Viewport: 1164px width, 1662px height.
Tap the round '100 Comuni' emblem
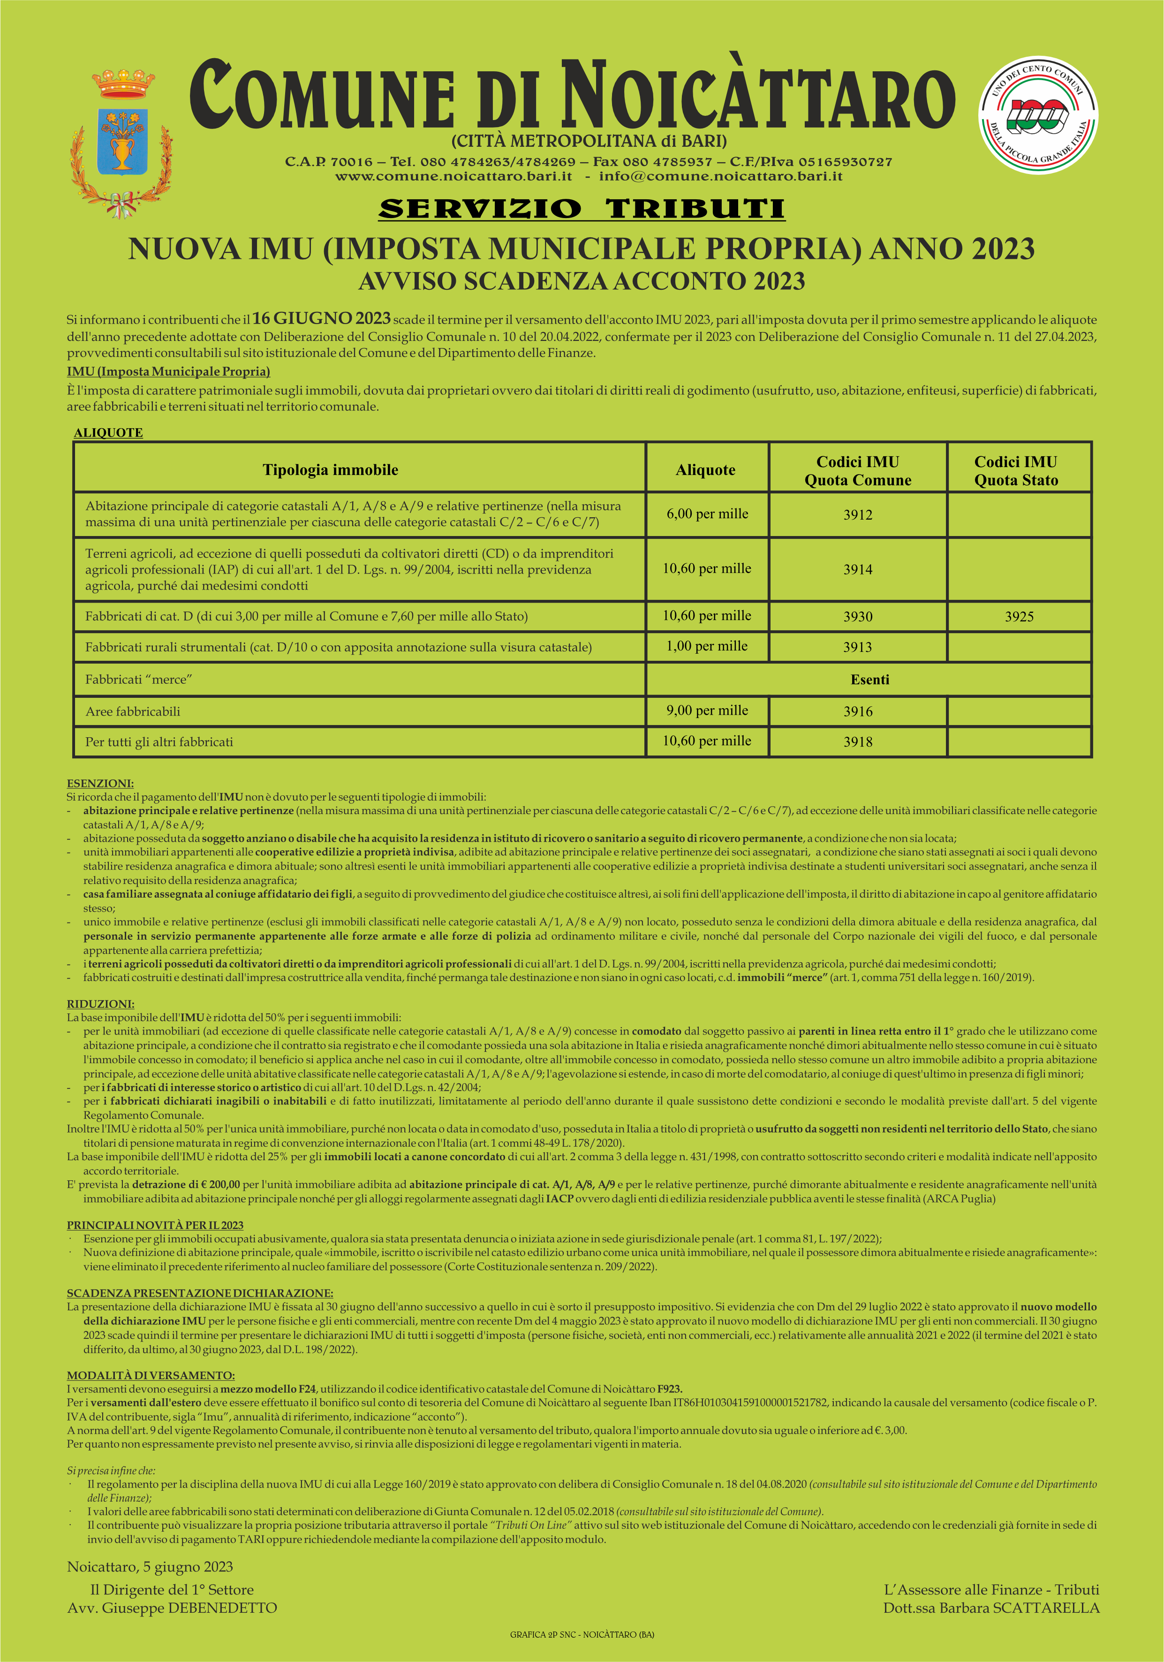[1038, 116]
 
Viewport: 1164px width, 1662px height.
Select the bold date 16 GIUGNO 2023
[321, 318]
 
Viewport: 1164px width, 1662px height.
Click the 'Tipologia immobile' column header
[330, 470]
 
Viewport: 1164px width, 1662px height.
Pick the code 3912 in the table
[858, 514]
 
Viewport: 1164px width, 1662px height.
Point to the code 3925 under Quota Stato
[1019, 617]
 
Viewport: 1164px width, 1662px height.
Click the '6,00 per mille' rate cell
[707, 514]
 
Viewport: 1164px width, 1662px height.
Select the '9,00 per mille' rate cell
[707, 711]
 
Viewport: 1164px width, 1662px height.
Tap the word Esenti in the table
[869, 680]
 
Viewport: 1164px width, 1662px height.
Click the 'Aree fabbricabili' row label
[133, 711]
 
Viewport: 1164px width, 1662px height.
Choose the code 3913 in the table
[858, 647]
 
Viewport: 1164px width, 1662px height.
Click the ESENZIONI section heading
[100, 783]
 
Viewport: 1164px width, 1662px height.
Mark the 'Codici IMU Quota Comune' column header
[858, 470]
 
